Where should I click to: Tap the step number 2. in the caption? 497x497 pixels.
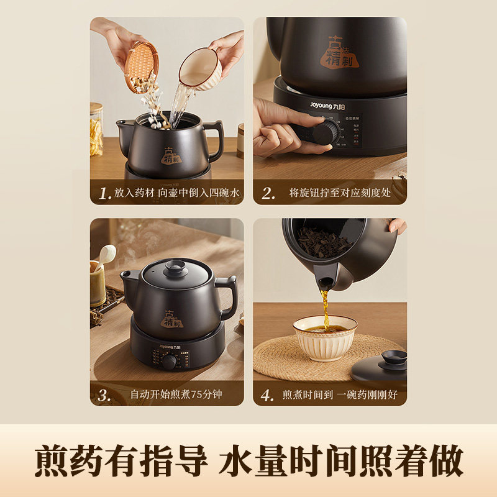point(268,193)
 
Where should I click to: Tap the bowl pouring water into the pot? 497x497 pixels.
point(199,68)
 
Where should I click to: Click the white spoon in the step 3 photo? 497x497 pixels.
point(106,255)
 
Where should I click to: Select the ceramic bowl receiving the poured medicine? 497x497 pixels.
point(325,335)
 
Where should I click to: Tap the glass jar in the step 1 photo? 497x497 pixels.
point(96,129)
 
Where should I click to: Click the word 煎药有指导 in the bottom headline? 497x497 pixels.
point(120,461)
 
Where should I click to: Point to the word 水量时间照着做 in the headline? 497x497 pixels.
point(341,461)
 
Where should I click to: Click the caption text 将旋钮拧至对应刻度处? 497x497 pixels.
point(340,193)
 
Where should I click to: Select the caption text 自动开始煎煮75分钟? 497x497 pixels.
point(176,394)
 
